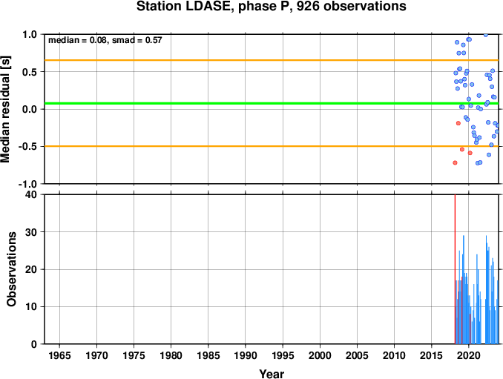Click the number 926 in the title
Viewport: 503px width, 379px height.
click(308, 6)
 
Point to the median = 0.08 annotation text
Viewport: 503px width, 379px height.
click(77, 40)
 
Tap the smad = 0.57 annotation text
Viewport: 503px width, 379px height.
click(137, 40)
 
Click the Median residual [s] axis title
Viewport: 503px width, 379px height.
click(5, 109)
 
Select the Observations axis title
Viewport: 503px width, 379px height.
click(11, 269)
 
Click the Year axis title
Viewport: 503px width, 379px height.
click(272, 374)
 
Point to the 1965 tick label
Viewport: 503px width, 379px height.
click(59, 355)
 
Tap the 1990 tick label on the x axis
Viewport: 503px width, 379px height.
click(246, 355)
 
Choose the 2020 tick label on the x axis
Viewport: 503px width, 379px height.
click(469, 355)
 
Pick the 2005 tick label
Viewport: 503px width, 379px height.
click(357, 355)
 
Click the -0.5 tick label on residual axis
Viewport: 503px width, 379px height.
click(27, 147)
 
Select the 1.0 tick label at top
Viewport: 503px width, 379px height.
click(30, 34)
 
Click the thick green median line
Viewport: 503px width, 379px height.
click(272, 103)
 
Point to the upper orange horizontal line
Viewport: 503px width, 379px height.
click(272, 60)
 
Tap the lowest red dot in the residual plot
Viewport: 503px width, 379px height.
click(455, 163)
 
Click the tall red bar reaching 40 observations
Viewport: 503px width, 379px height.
click(455, 269)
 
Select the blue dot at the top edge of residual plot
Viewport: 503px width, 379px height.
click(486, 35)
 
